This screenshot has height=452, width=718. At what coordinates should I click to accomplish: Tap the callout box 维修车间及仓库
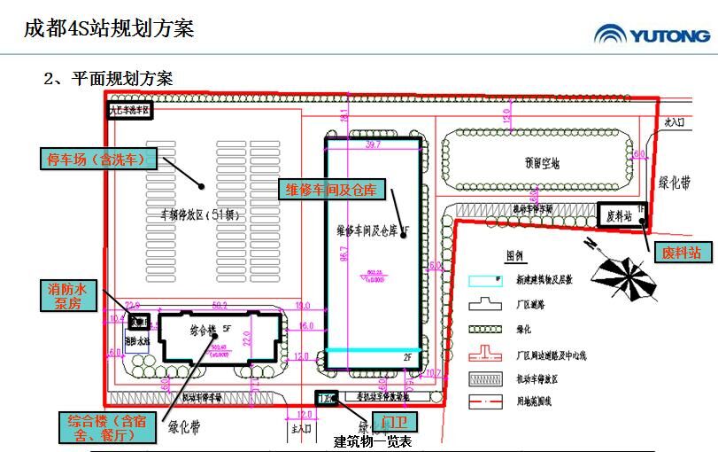tap(329, 190)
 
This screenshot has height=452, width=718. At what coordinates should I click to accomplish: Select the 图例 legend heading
tap(514, 255)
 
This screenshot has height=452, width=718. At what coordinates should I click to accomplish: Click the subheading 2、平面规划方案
tap(108, 78)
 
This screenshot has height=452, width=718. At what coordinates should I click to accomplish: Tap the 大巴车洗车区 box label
tap(130, 111)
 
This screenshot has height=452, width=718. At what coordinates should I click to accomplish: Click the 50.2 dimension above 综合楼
tap(220, 306)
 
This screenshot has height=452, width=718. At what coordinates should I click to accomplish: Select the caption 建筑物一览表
tap(373, 441)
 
